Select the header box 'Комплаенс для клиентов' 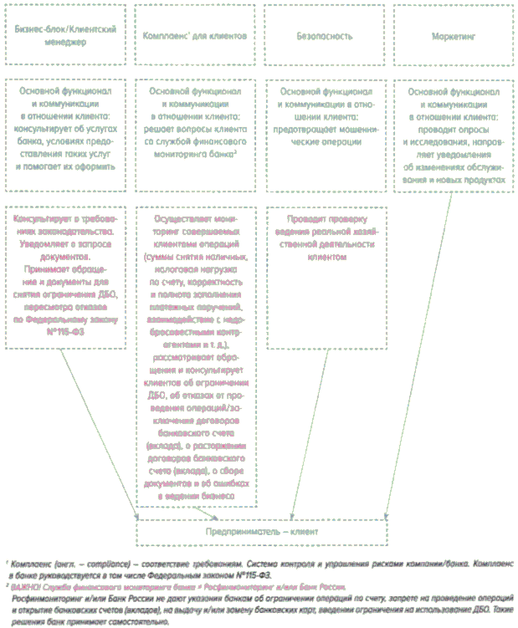point(194,36)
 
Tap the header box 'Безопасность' point(324,36)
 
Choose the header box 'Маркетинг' point(453,36)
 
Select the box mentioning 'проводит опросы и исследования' point(453,133)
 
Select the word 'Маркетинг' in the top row point(453,37)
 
